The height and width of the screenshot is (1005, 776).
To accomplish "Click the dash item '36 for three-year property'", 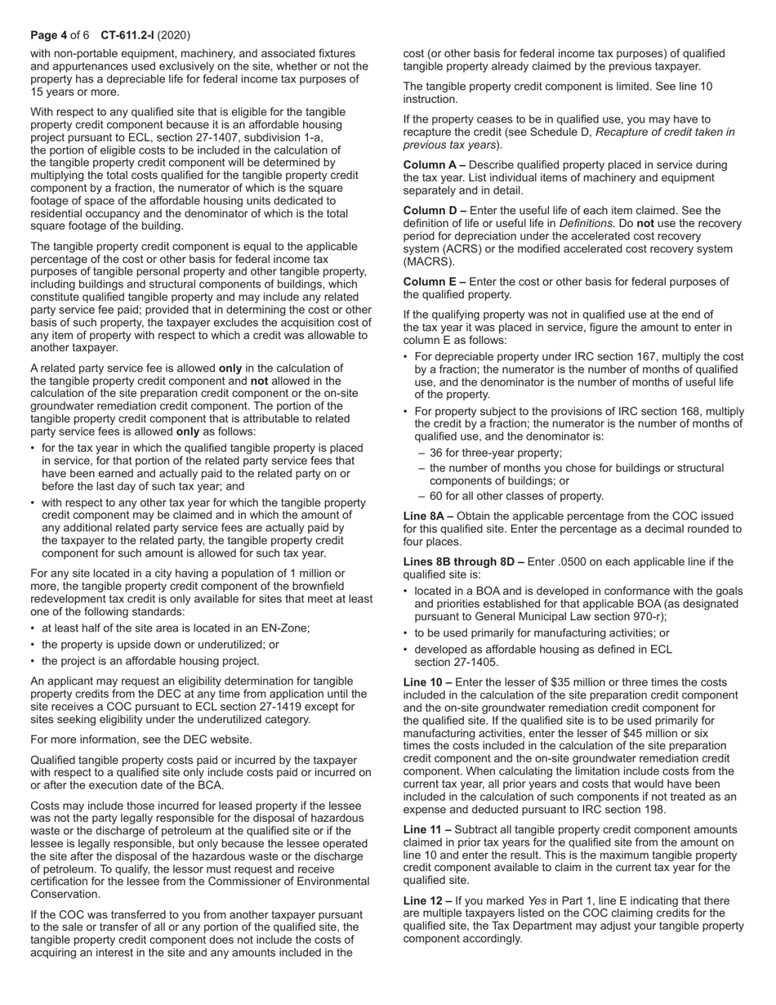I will coord(495,453).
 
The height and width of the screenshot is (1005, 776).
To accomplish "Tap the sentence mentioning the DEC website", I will coord(141,739).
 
